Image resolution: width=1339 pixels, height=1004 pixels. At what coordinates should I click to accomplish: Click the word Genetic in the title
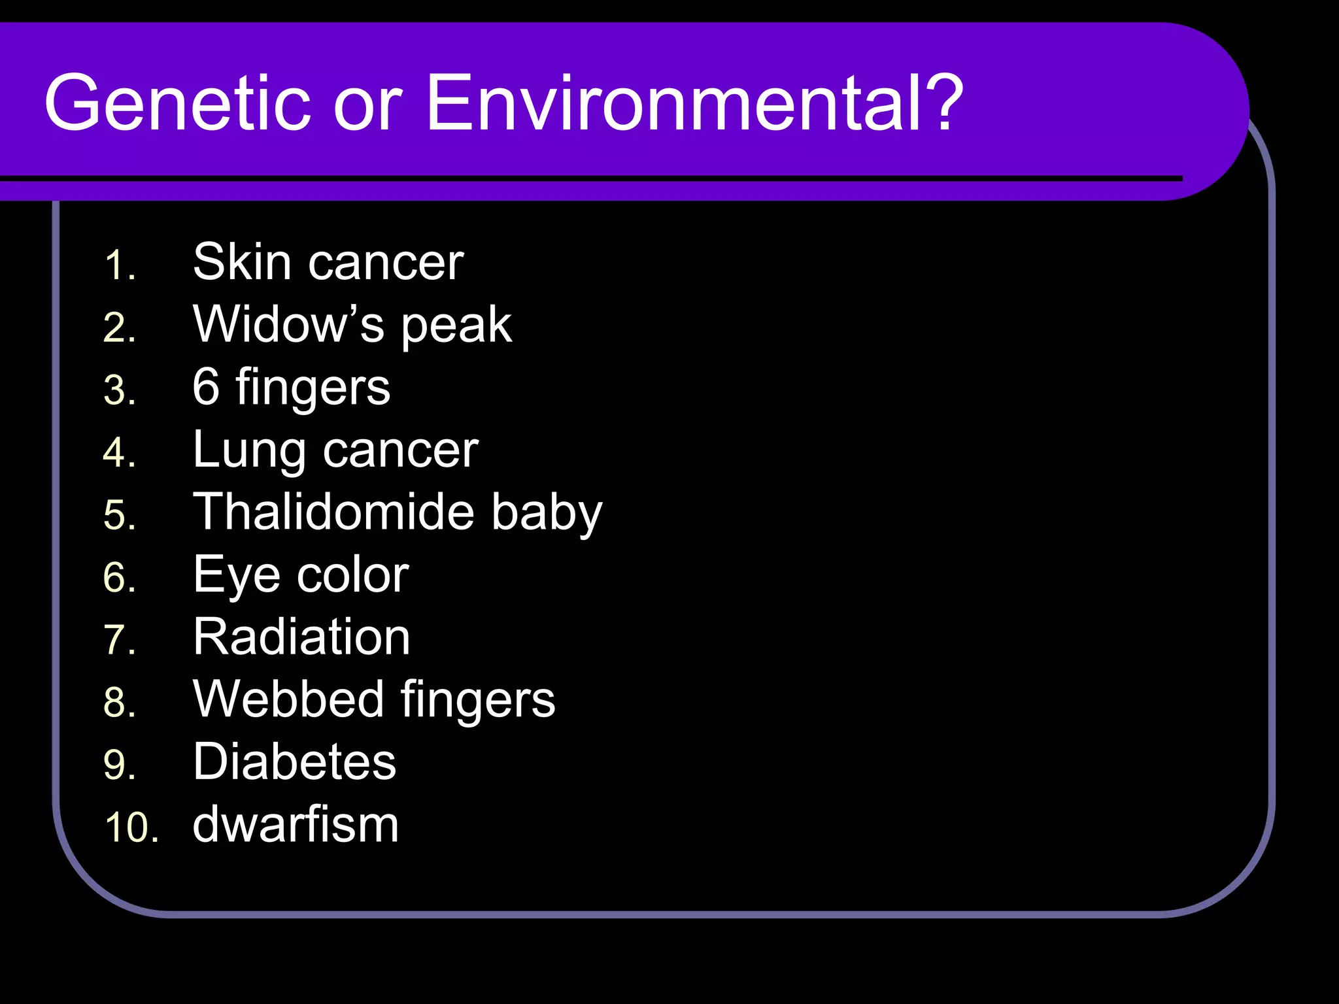(x=177, y=103)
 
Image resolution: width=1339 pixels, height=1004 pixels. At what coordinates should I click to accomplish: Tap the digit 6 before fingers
(x=206, y=386)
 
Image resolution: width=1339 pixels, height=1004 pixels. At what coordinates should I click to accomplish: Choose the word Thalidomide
(x=333, y=511)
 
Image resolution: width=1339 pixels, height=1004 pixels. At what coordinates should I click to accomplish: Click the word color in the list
(x=353, y=575)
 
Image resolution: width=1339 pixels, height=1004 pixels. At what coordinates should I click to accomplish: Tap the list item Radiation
(x=301, y=637)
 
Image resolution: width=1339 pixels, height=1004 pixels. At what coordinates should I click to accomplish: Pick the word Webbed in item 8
(x=288, y=699)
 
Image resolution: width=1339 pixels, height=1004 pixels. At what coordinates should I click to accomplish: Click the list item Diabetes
(x=294, y=761)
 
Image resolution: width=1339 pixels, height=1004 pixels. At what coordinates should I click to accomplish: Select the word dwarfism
(x=296, y=824)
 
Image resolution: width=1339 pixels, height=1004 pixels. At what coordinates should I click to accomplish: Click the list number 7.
(x=119, y=640)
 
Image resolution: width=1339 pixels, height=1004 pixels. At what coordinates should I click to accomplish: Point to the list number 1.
(x=119, y=265)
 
